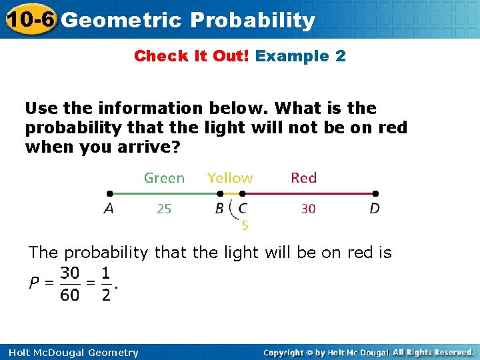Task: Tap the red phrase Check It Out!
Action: [191, 56]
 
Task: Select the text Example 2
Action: [301, 56]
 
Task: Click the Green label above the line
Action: [164, 178]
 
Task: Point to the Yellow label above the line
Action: [230, 178]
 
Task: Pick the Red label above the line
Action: [303, 178]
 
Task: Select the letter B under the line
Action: [219, 209]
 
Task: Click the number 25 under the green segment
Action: [164, 209]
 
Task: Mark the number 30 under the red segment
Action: [308, 209]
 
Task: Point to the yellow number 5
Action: [245, 226]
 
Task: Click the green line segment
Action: [167, 194]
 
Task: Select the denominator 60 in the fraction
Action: [69, 295]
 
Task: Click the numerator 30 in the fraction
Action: [69, 273]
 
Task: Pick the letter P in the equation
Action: [33, 284]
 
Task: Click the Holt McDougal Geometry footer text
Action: [69, 353]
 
